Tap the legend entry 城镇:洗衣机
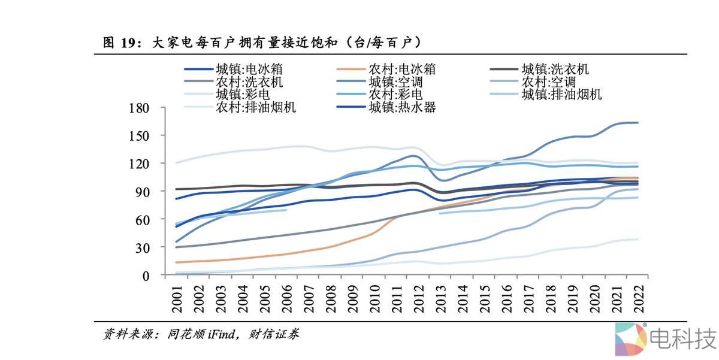(555, 69)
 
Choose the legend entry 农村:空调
(548, 82)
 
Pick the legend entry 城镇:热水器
(401, 108)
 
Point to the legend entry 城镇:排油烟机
(561, 95)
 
